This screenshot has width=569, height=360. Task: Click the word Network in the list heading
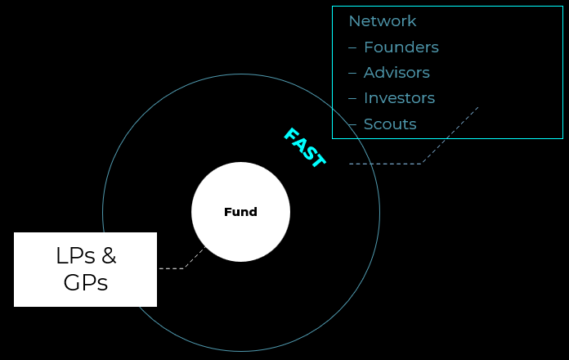382,21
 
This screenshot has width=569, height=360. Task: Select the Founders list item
401,47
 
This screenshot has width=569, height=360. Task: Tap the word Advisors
397,73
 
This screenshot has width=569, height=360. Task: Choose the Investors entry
399,98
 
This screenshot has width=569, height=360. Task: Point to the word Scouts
390,124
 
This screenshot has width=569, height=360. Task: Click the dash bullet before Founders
352,47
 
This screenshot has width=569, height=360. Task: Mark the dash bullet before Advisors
352,73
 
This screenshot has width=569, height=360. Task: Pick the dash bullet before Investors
352,98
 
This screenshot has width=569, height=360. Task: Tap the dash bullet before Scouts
352,124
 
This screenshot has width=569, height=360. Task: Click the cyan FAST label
304,148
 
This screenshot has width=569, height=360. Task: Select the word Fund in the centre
240,212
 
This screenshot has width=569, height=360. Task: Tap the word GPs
85,283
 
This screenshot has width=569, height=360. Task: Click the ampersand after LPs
108,256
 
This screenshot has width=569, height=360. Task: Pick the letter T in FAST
318,161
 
